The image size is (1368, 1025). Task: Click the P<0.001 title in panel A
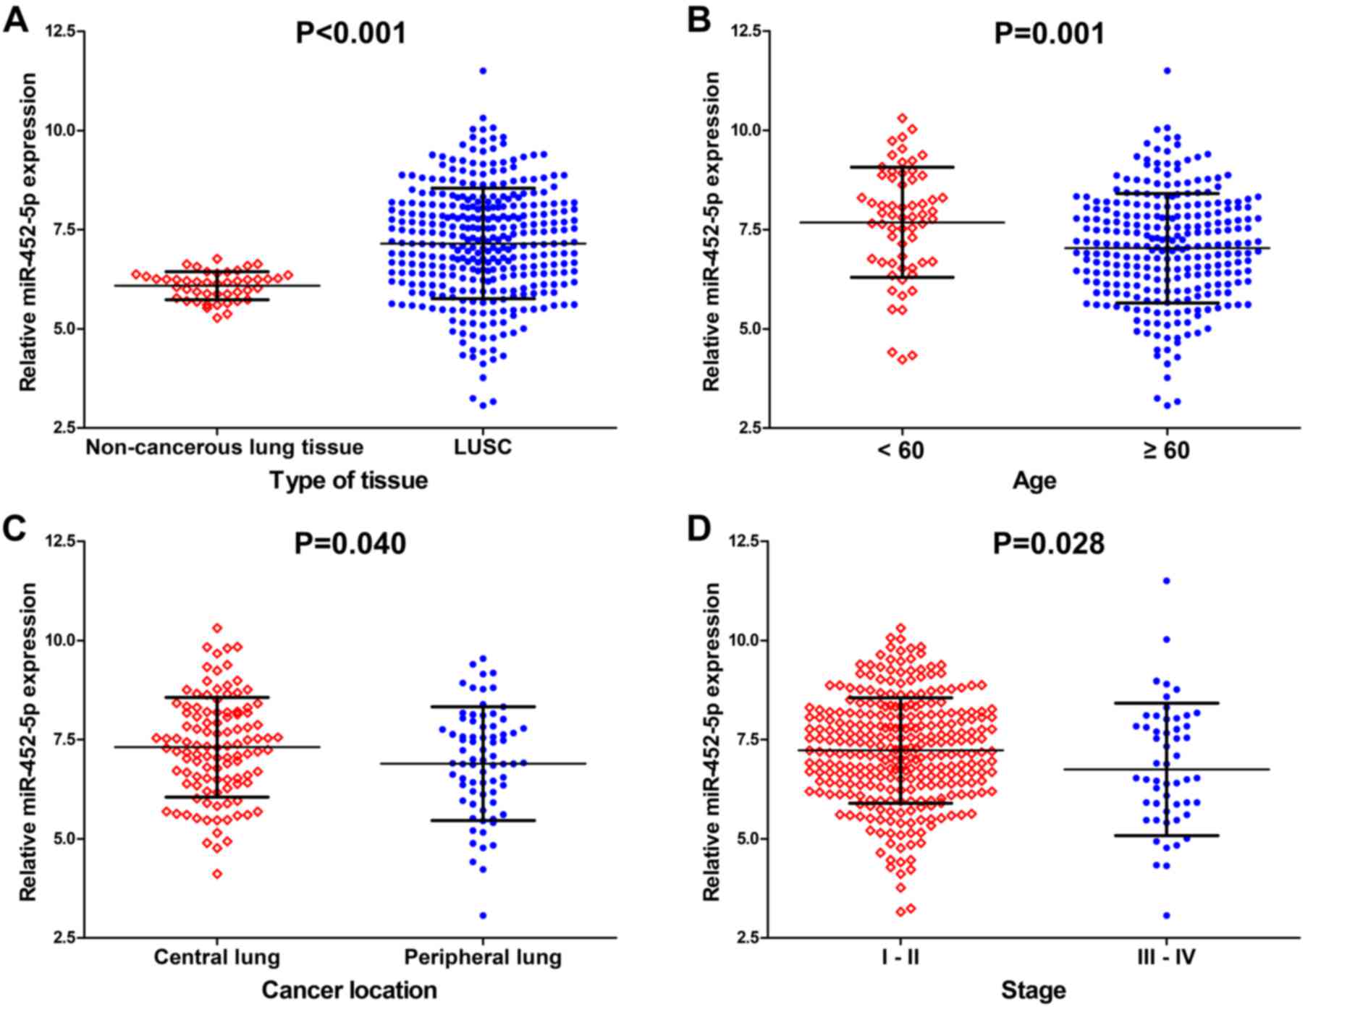tap(351, 33)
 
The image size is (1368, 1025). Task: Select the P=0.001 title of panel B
tap(1049, 33)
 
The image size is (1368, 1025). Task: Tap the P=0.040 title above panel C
tap(350, 543)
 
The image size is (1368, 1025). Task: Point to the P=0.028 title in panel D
tap(1048, 543)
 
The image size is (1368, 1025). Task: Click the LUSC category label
tap(483, 448)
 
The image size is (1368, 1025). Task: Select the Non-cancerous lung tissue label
tap(224, 448)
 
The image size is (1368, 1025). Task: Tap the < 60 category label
tap(900, 451)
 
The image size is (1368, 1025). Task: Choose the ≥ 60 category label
tap(1166, 451)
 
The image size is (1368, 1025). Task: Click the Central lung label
tap(216, 958)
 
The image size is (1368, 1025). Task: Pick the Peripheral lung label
tap(483, 958)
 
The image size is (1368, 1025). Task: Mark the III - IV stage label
tap(1166, 958)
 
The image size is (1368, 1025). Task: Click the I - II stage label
tap(900, 958)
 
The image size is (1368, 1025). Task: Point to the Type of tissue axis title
tap(349, 480)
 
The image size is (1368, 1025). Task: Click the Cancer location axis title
tap(349, 990)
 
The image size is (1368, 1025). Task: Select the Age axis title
tap(1034, 480)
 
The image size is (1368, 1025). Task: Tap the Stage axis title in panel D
tap(1033, 990)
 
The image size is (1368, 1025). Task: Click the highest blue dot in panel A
tap(483, 71)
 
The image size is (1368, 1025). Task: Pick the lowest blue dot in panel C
tap(483, 916)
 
